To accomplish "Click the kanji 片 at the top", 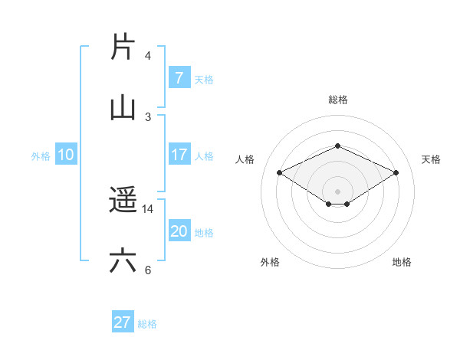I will coord(123,47).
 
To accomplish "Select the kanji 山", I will coord(123,107).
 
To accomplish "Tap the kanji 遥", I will coord(123,201).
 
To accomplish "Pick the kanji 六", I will coord(123,261).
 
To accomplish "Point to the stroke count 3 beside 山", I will coord(148,116).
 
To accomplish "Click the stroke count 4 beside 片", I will coord(148,56).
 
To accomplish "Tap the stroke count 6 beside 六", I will coord(148,270).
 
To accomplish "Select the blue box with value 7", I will coord(179,78).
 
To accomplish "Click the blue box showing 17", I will coord(179,155).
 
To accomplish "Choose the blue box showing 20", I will coord(179,231).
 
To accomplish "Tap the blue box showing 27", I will coord(123,322).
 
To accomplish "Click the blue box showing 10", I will coord(65,155).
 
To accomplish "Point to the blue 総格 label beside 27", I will coord(147,324).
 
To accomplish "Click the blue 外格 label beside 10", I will coord(41,156).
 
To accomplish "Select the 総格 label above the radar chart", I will coord(337,100).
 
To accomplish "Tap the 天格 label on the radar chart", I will coord(431,159).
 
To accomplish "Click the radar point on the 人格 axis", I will coord(280,173).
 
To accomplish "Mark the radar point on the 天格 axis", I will coord(396,173).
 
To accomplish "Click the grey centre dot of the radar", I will coord(337,191).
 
